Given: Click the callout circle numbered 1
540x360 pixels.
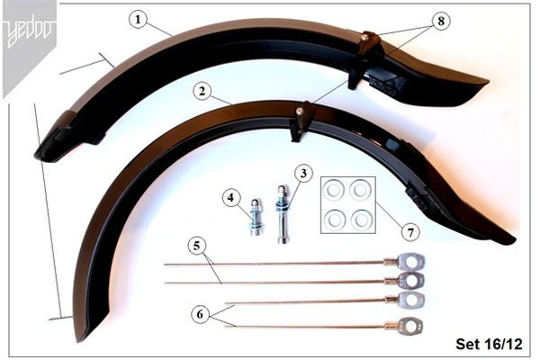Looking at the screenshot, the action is pos(138,20).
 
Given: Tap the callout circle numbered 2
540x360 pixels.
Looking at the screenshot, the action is pos(202,92).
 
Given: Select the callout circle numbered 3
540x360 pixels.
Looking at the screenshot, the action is pos(303,174).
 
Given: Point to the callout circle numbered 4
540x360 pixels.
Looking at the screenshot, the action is pos(231,198).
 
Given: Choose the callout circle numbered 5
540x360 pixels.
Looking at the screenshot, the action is pos(196,246).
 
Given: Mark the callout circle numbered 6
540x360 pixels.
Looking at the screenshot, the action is pos(200,314).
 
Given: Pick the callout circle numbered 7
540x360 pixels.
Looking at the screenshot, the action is pos(410,232).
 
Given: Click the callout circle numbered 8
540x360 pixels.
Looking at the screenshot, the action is pos(441,22).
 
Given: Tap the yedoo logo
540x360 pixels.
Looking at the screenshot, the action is pos(30,32).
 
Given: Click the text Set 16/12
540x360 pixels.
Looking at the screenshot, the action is pos(489,344).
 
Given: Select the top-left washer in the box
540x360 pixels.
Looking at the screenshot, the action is pos(334,190).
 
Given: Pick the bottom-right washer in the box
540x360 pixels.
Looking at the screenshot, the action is pos(361,220).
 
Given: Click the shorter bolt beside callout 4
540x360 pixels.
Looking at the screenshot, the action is pos(256,218).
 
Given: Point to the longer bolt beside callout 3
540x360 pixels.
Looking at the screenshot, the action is pos(283,214).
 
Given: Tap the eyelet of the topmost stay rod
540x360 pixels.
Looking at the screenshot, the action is pos(411,263).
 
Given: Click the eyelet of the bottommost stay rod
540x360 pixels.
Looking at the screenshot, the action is pos(410,326).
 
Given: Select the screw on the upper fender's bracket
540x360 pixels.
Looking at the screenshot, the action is pos(364,37).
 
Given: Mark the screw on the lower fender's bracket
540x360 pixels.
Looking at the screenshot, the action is pos(301,111).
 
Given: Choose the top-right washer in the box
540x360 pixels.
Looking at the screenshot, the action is pos(360,190).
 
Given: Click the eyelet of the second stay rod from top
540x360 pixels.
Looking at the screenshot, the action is pos(411,281).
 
